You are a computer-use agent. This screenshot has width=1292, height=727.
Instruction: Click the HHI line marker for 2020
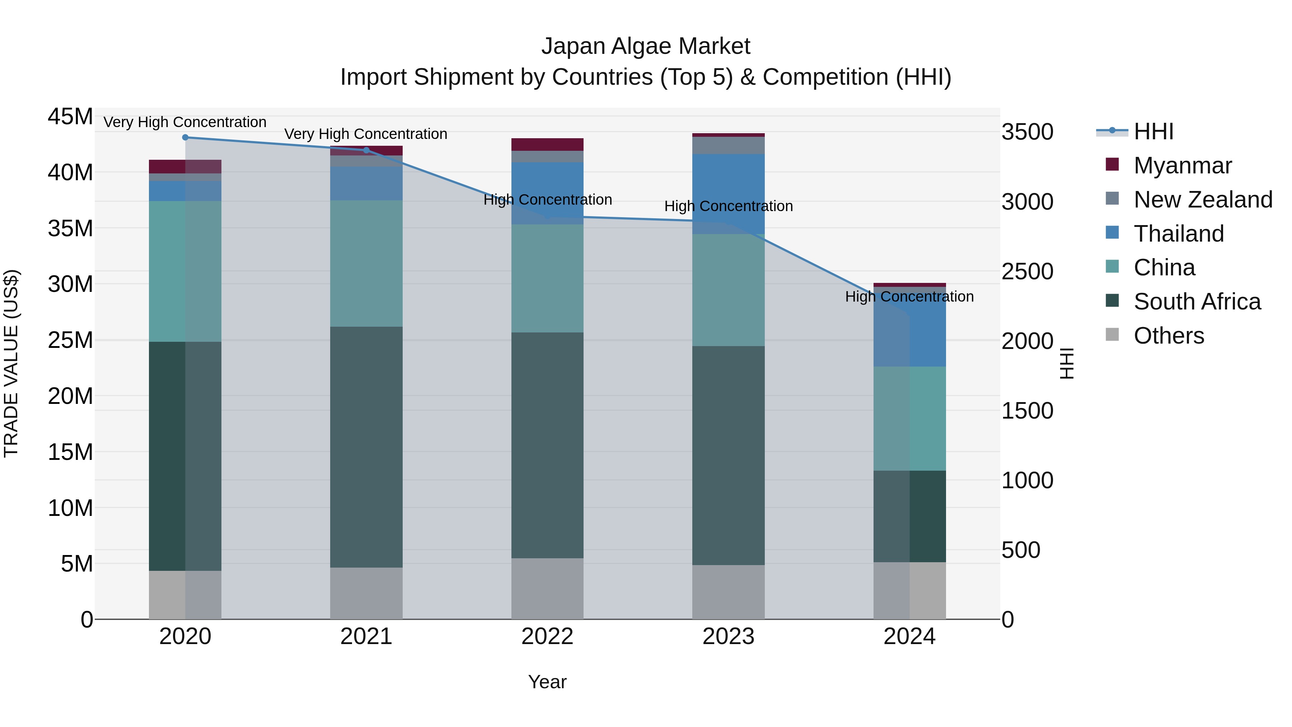point(185,137)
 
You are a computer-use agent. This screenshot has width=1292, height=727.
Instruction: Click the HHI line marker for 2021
point(366,150)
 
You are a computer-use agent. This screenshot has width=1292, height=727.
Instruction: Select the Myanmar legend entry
point(1182,166)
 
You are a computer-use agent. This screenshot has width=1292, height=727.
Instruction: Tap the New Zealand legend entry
point(1202,200)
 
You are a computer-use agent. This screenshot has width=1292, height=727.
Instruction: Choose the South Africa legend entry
point(1197,302)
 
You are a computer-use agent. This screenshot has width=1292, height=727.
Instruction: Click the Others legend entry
point(1169,336)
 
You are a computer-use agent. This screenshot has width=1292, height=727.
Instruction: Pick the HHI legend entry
point(1153,131)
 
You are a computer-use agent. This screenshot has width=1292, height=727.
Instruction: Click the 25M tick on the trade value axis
point(70,340)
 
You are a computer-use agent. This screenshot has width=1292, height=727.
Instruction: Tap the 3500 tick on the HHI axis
point(1027,132)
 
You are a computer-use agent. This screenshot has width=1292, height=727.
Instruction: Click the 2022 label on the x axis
point(547,637)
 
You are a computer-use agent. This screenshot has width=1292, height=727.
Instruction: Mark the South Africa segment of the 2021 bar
point(366,447)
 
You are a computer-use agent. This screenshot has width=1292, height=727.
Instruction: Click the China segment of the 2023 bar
point(728,290)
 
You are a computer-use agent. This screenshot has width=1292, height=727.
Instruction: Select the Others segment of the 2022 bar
point(547,588)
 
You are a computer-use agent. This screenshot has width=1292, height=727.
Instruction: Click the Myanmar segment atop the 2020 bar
point(185,167)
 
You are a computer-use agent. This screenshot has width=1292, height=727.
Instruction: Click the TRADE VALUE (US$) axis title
point(11,363)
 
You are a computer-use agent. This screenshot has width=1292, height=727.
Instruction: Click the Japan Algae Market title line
point(646,47)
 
